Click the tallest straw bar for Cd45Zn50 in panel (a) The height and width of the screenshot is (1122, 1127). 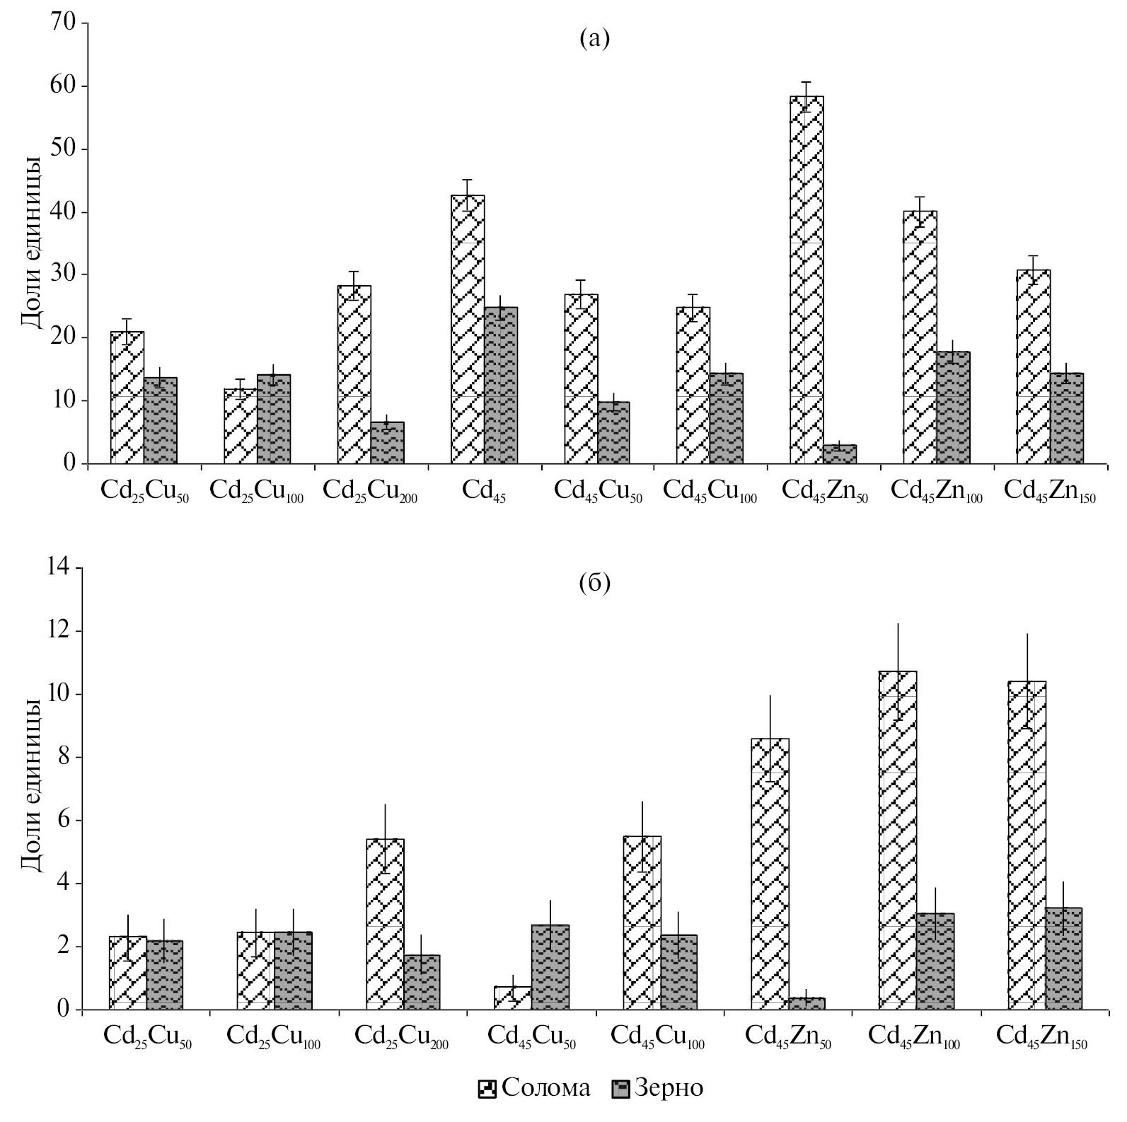[807, 279]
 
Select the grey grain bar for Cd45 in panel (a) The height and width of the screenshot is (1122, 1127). [501, 386]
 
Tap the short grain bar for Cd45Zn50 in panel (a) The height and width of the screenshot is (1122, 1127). [840, 454]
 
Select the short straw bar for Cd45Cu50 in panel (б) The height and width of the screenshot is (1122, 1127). [513, 997]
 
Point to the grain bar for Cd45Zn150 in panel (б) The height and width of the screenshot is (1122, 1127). [1063, 959]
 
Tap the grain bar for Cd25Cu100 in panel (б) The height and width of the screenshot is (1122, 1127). [293, 971]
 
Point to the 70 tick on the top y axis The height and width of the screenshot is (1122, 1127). [67, 23]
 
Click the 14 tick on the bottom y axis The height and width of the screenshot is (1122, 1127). [62, 567]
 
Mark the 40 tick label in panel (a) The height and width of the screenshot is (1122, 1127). [67, 212]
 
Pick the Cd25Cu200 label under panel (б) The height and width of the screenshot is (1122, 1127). [401, 1036]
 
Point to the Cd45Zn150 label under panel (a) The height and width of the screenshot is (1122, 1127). [1049, 490]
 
